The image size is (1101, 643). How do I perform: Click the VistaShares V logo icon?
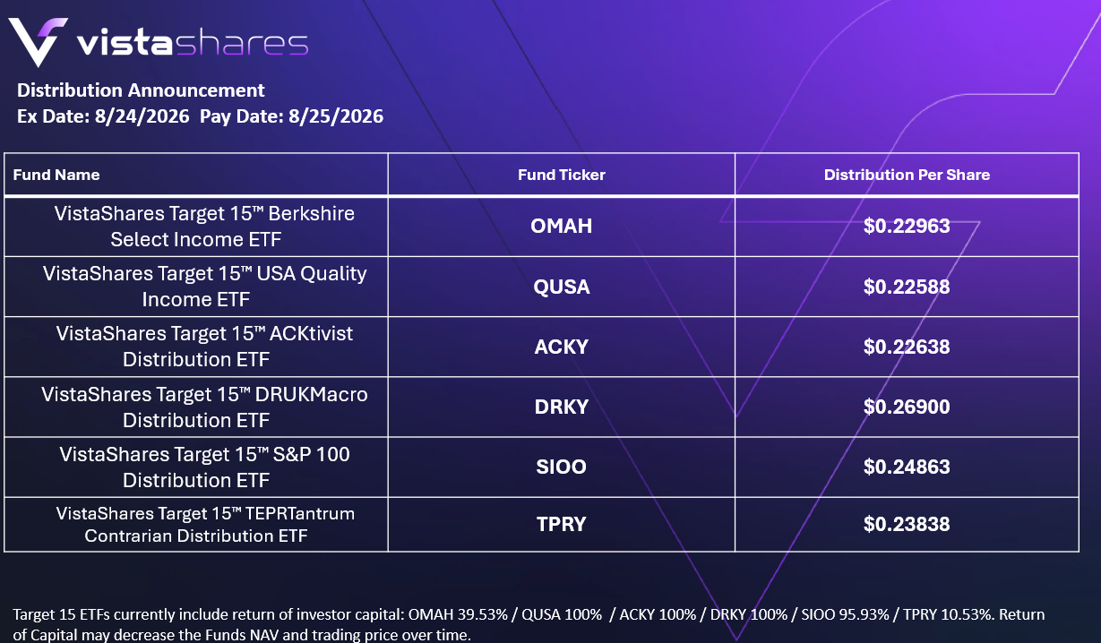tap(38, 42)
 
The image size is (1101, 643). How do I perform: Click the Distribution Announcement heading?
tap(141, 90)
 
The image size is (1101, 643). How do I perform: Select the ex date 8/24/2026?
tap(142, 116)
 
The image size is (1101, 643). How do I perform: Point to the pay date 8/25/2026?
tap(336, 116)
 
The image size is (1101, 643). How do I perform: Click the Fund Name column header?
tap(56, 175)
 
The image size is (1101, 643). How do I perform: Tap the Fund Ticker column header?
tap(562, 175)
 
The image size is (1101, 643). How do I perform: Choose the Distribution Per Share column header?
tap(907, 175)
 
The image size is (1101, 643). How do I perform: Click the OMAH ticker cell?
tap(562, 226)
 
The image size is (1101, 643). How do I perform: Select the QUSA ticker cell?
tap(562, 287)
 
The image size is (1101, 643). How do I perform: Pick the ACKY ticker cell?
tap(562, 347)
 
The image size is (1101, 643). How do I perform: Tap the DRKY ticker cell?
tap(562, 407)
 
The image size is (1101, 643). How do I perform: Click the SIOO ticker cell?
tap(562, 467)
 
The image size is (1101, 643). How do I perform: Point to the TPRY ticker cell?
tap(562, 524)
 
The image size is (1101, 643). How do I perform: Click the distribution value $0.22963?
tap(907, 226)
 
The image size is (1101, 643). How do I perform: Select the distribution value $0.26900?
tap(907, 407)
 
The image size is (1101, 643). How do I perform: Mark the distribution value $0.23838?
tap(907, 524)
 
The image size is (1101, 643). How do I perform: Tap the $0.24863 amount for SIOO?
tap(907, 467)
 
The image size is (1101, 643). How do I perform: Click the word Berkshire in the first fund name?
tap(312, 214)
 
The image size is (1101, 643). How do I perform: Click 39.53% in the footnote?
tap(482, 614)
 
